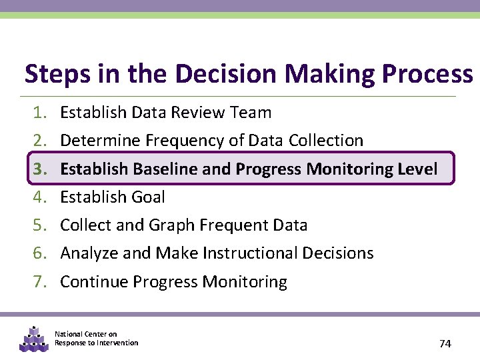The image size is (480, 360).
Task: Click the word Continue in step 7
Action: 94,282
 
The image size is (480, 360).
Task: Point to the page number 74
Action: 445,343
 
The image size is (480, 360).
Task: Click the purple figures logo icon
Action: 33,339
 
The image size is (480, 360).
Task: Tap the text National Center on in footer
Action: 85,334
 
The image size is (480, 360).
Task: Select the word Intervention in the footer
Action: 117,343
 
